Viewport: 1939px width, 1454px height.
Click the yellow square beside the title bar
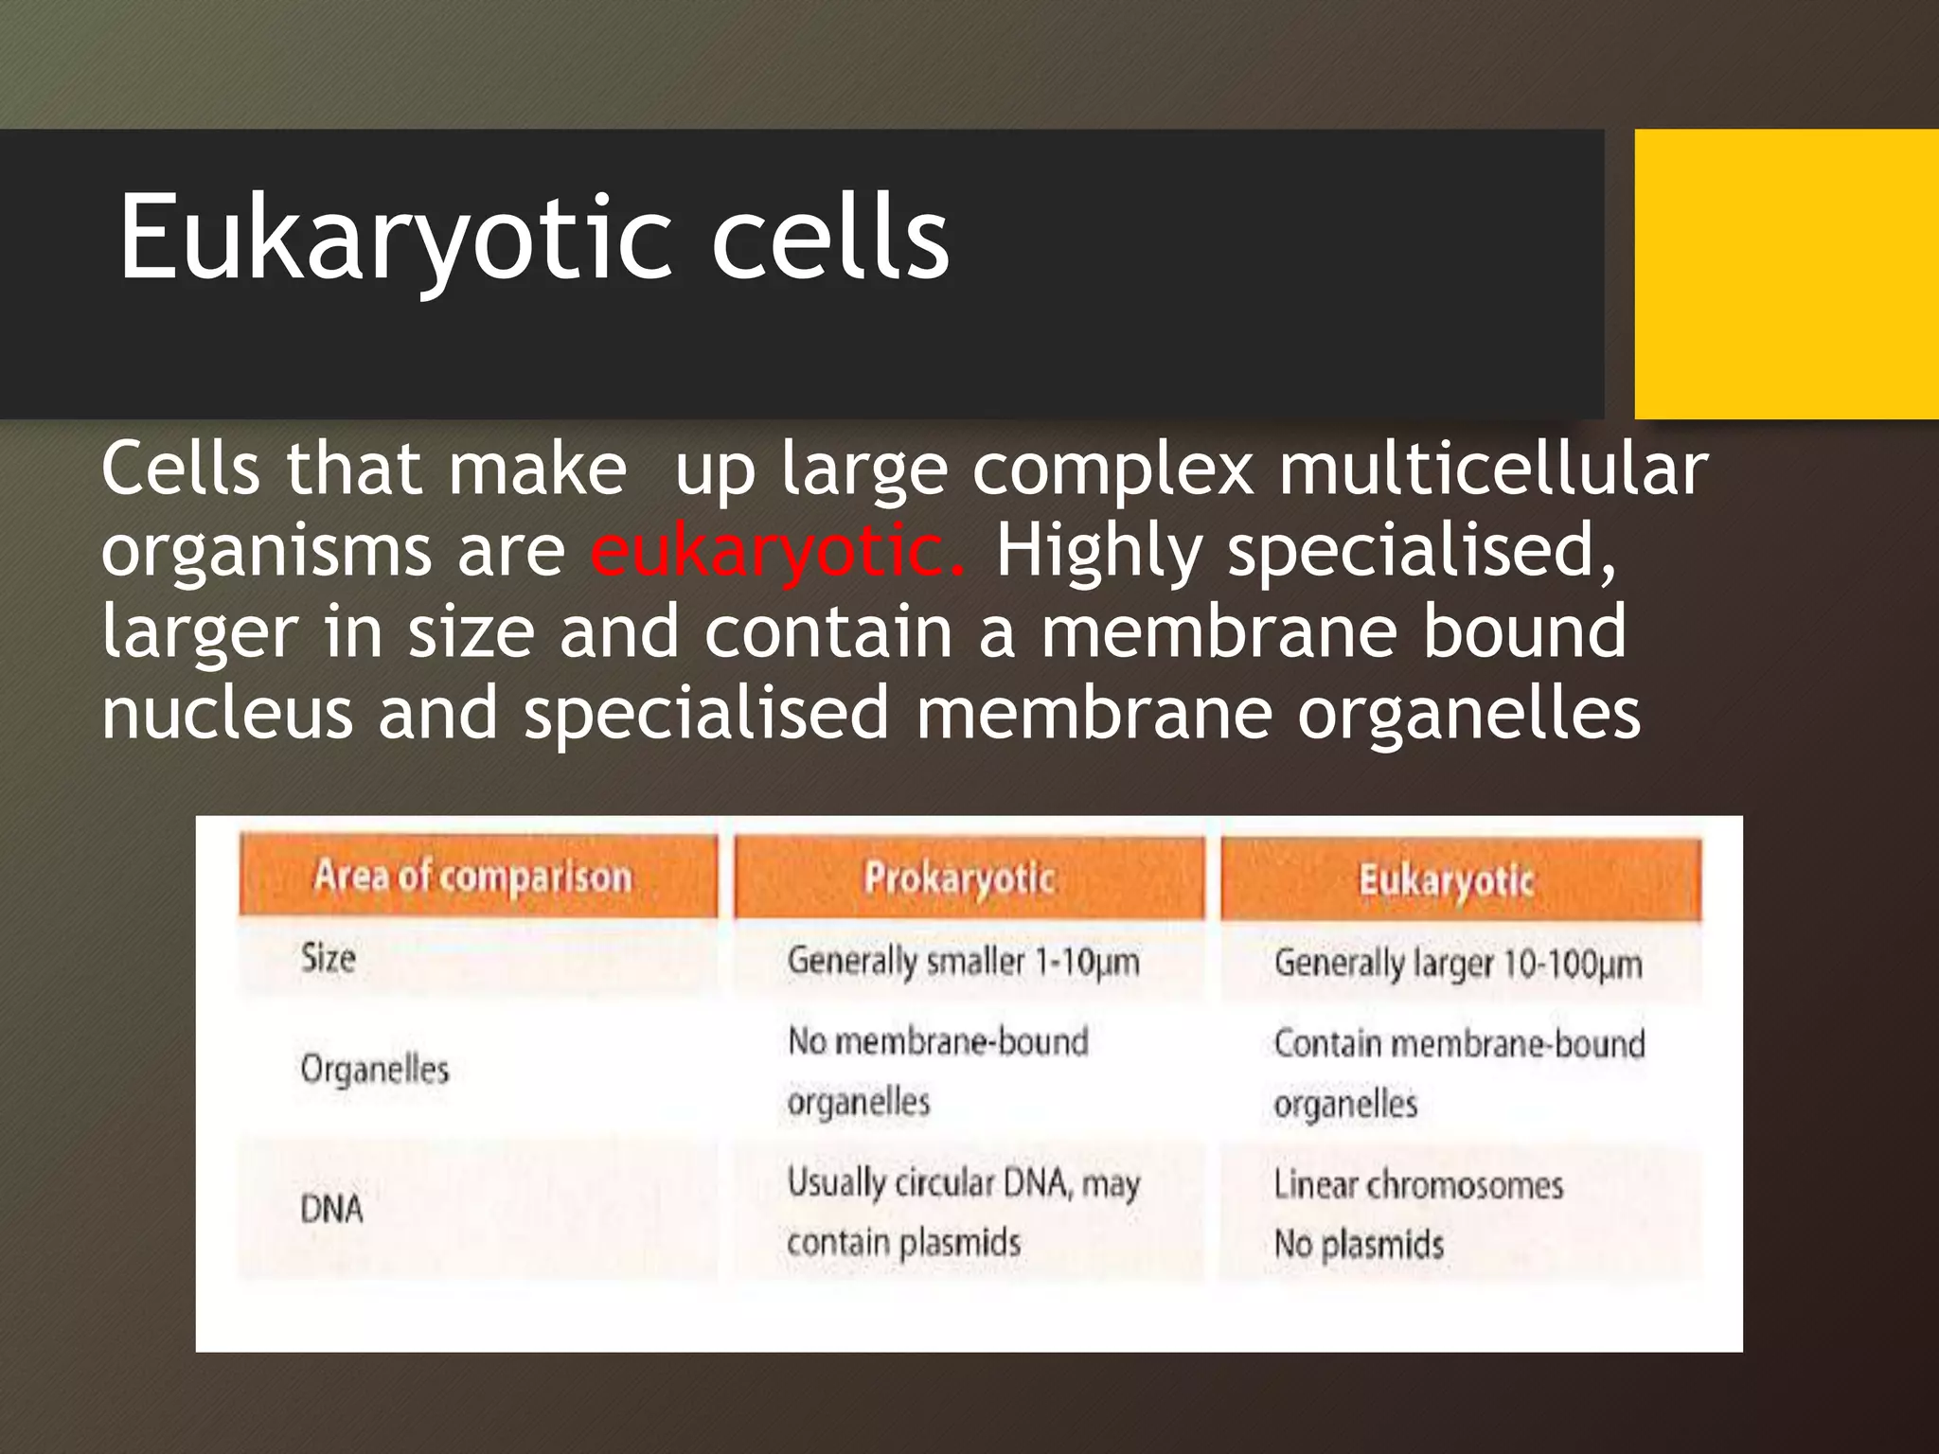coord(1786,274)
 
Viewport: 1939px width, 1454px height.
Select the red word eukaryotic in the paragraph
coord(776,551)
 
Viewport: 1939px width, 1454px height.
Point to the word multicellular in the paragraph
coord(1493,470)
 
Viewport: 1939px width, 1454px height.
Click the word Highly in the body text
coord(1099,551)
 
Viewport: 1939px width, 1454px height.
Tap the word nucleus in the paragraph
coord(227,714)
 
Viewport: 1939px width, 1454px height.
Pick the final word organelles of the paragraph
coord(1468,714)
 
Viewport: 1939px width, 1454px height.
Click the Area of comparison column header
coord(472,877)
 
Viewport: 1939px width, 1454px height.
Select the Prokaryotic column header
coord(959,878)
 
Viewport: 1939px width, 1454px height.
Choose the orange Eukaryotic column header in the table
coord(1446,880)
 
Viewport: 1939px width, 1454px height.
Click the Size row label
coord(329,958)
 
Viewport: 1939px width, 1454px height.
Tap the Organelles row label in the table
coord(375,1070)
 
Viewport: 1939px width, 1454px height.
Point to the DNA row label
coord(331,1210)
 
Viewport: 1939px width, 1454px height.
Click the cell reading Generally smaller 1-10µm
coord(963,962)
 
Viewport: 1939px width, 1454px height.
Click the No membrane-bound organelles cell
coord(937,1072)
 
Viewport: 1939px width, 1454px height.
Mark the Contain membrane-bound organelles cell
coord(1458,1073)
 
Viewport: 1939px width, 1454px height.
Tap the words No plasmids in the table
coord(1359,1244)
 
